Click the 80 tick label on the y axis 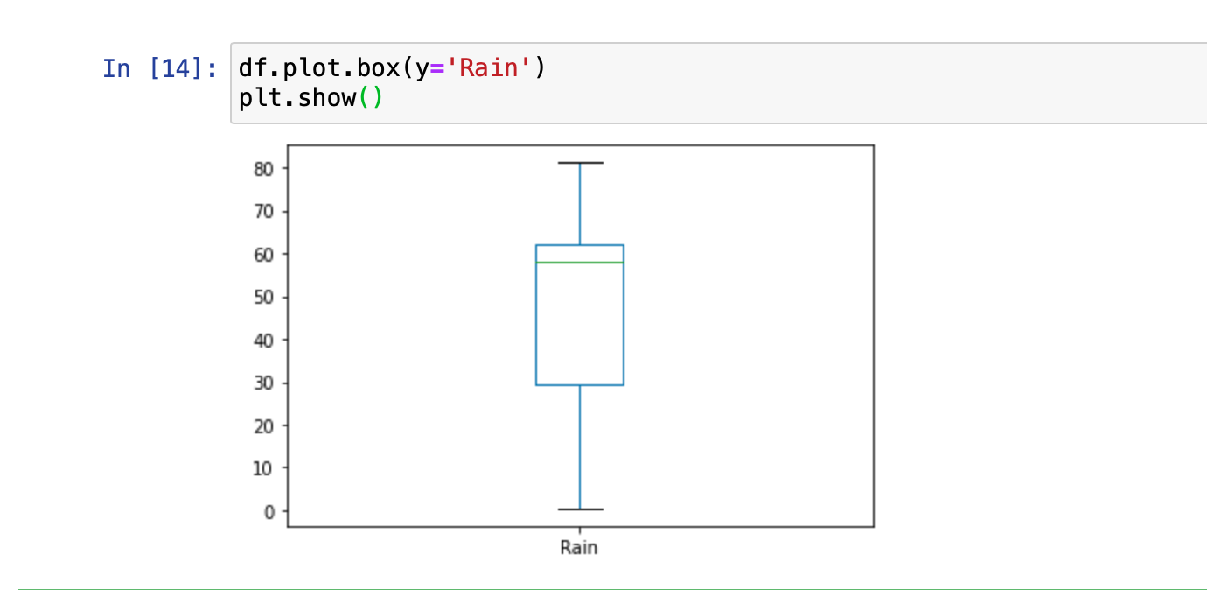click(263, 169)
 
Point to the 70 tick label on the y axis click(263, 212)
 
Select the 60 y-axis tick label click(263, 255)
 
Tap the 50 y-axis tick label click(263, 297)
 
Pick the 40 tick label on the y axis click(263, 341)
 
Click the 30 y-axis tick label click(263, 383)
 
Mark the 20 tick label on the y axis click(263, 426)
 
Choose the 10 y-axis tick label click(263, 468)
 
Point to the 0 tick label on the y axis click(269, 512)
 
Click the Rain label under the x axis click(579, 548)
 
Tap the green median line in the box click(580, 263)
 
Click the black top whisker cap click(581, 162)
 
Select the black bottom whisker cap click(581, 509)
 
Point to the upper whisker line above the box click(580, 204)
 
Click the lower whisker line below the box click(580, 447)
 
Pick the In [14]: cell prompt click(160, 69)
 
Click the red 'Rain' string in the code click(489, 68)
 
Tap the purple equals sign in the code click(437, 68)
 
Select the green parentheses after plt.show click(371, 98)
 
